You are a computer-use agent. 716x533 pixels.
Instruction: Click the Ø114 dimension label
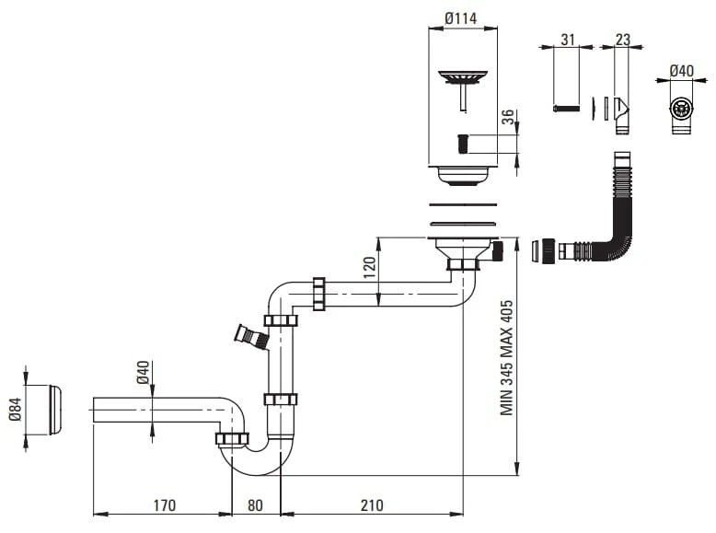(x=461, y=18)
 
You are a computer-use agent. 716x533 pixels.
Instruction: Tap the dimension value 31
(x=568, y=40)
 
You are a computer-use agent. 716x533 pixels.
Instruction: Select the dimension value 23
(x=623, y=40)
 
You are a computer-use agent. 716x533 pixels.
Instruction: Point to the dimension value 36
(x=507, y=117)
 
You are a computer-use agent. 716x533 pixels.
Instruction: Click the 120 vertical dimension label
(x=369, y=268)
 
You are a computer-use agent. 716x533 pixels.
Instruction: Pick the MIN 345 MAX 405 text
(x=506, y=357)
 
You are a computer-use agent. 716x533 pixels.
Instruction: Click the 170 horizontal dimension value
(x=165, y=505)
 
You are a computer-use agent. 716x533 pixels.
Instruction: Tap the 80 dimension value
(x=255, y=505)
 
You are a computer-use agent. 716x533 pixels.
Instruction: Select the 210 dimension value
(x=372, y=505)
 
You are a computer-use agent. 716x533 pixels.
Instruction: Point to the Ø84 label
(x=15, y=409)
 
